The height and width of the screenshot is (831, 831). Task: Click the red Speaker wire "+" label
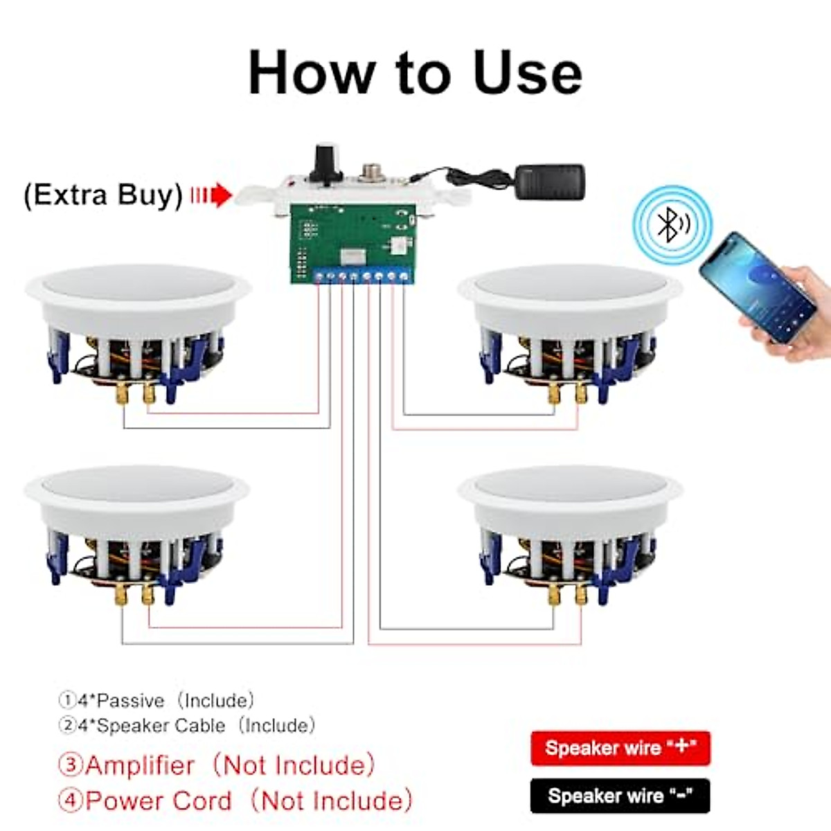click(620, 748)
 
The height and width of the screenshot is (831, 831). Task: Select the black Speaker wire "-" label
click(620, 796)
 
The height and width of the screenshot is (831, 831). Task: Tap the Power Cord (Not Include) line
click(235, 801)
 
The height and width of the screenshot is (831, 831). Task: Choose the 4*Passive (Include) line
click(157, 701)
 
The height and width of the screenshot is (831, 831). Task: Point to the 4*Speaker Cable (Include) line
click(187, 726)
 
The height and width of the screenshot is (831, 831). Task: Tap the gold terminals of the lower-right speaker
click(567, 594)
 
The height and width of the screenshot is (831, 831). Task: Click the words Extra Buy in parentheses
click(103, 195)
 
